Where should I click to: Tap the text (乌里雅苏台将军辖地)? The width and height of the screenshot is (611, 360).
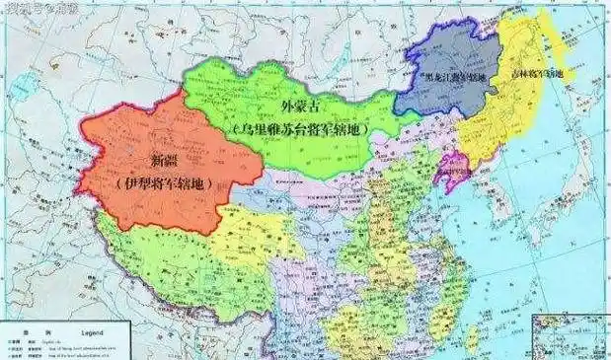296,130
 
